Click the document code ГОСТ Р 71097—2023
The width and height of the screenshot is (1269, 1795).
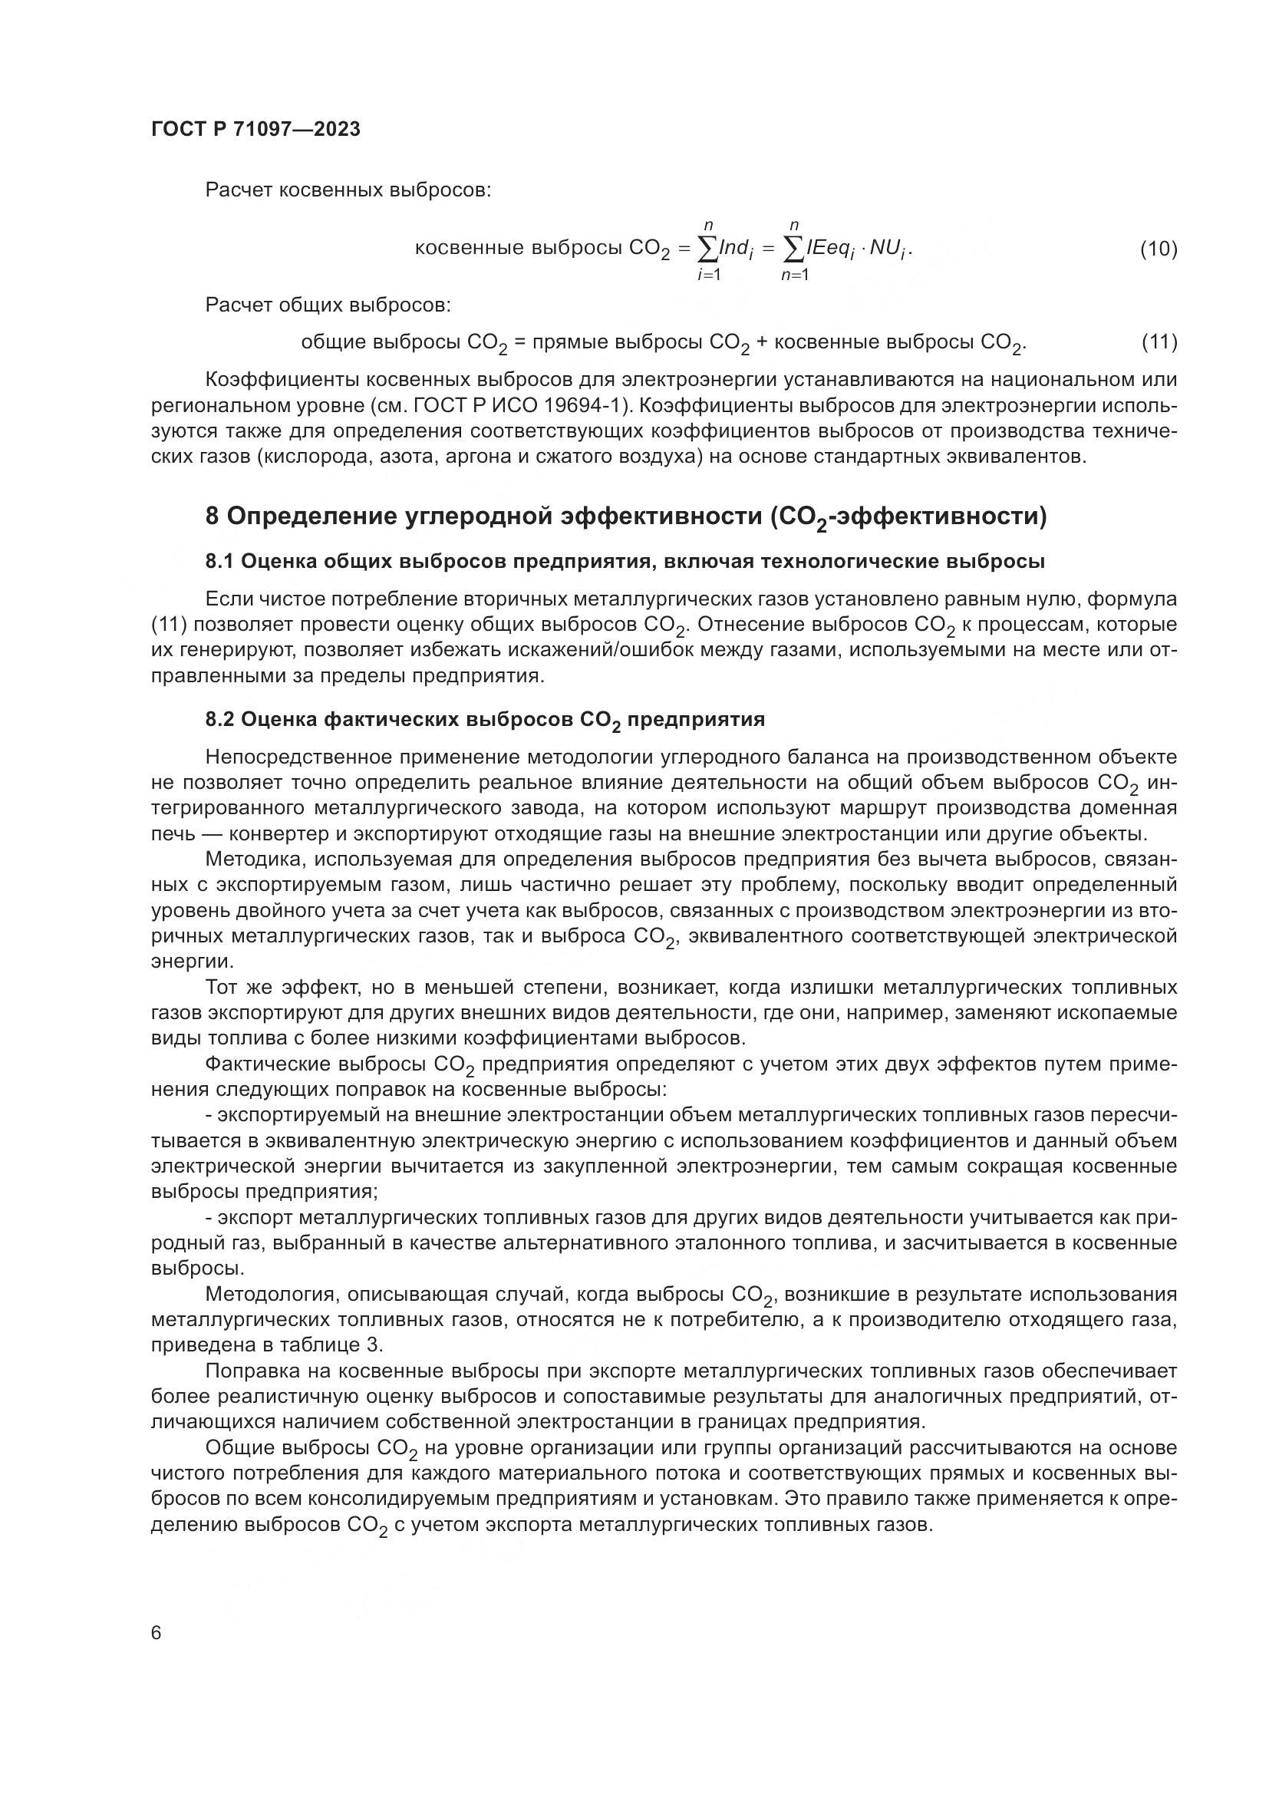coord(255,130)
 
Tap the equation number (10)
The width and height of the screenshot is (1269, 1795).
coord(1158,249)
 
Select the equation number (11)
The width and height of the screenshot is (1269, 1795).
coord(1159,342)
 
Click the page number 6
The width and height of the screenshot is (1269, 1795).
coord(157,1632)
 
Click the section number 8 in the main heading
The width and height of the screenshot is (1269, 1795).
coord(212,516)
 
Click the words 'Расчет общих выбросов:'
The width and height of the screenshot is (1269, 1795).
coord(328,304)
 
